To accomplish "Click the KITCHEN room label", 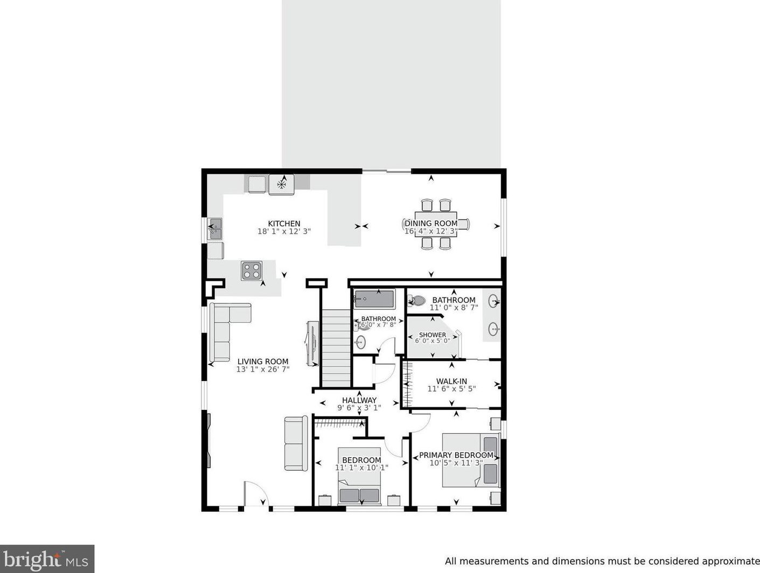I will pyautogui.click(x=284, y=224).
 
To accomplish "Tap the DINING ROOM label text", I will pyautogui.click(x=431, y=223).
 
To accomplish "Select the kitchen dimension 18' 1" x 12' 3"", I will pyautogui.click(x=284, y=232).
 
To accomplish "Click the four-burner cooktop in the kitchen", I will pyautogui.click(x=252, y=271).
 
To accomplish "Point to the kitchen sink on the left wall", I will pyautogui.click(x=215, y=229).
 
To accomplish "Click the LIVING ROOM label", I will pyautogui.click(x=263, y=362).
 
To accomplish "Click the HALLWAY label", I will pyautogui.click(x=359, y=400).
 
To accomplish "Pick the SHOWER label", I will pyautogui.click(x=433, y=335).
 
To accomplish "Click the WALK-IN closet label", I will pyautogui.click(x=451, y=381).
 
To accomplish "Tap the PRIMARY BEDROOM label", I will pyautogui.click(x=456, y=455).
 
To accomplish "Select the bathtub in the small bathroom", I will pyautogui.click(x=374, y=299).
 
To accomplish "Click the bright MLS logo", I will pyautogui.click(x=47, y=559).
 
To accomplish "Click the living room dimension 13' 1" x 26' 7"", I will pyautogui.click(x=263, y=370).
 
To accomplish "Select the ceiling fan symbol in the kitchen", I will pyautogui.click(x=282, y=185).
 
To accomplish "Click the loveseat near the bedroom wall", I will pyautogui.click(x=296, y=443).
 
